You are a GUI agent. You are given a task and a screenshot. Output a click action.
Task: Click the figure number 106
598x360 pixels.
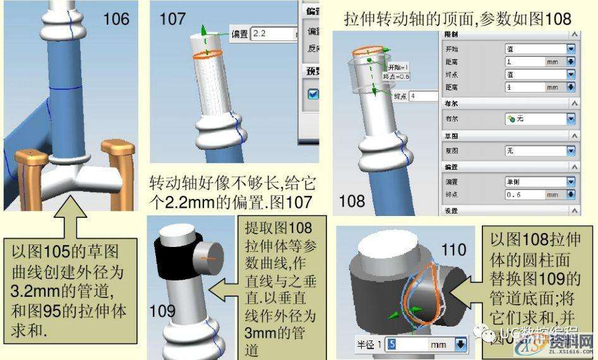117,18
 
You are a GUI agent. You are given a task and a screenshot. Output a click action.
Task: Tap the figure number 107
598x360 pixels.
172,20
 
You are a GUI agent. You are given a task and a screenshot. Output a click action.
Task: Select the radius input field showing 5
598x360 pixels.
407,344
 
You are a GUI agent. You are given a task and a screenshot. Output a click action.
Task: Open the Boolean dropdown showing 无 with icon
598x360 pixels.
540,118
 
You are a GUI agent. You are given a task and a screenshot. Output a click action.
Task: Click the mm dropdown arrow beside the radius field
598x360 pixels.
460,345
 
